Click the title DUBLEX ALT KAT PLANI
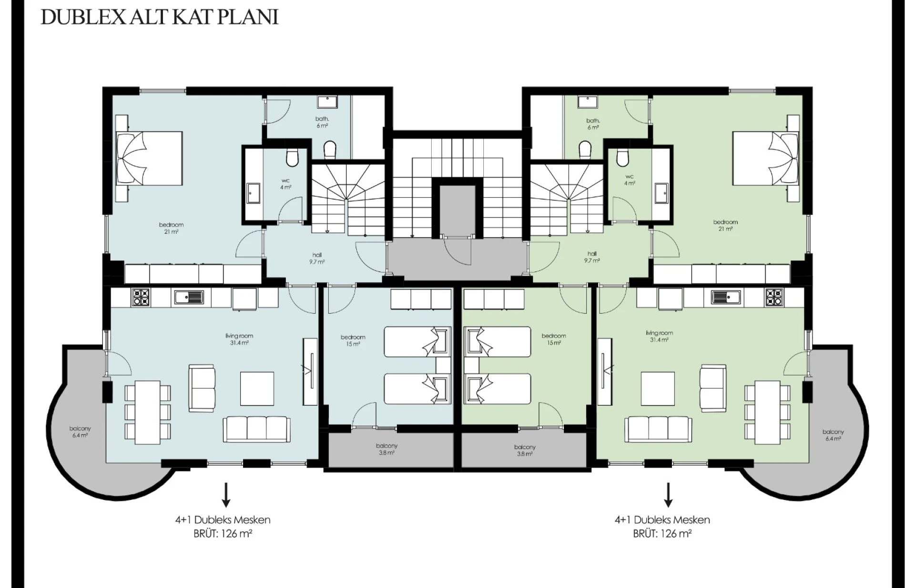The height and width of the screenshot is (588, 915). pos(160,17)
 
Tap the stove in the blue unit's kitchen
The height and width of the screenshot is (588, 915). pos(141,297)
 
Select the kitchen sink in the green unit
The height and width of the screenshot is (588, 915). pos(725,297)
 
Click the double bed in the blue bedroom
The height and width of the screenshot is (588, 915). pos(150,158)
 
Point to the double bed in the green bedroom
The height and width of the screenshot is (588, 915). pos(766,158)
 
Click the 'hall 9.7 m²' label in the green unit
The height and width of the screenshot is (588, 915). pos(592,257)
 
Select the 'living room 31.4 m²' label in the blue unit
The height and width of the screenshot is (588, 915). pos(239,339)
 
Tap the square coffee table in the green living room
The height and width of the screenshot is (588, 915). pos(658,389)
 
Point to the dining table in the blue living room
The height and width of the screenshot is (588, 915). pos(148,412)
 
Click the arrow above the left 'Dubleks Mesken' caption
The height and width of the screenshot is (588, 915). pos(226,494)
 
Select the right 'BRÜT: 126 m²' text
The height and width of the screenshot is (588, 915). pos(662,534)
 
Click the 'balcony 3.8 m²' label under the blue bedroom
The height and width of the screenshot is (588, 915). pos(386,449)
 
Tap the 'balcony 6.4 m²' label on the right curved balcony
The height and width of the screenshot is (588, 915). pos(833,435)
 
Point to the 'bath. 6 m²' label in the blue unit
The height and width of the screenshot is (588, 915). pos(322,122)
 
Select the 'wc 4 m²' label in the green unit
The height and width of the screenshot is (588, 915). pos(630,180)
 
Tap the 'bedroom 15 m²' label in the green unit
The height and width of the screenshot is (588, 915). pos(554,339)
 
